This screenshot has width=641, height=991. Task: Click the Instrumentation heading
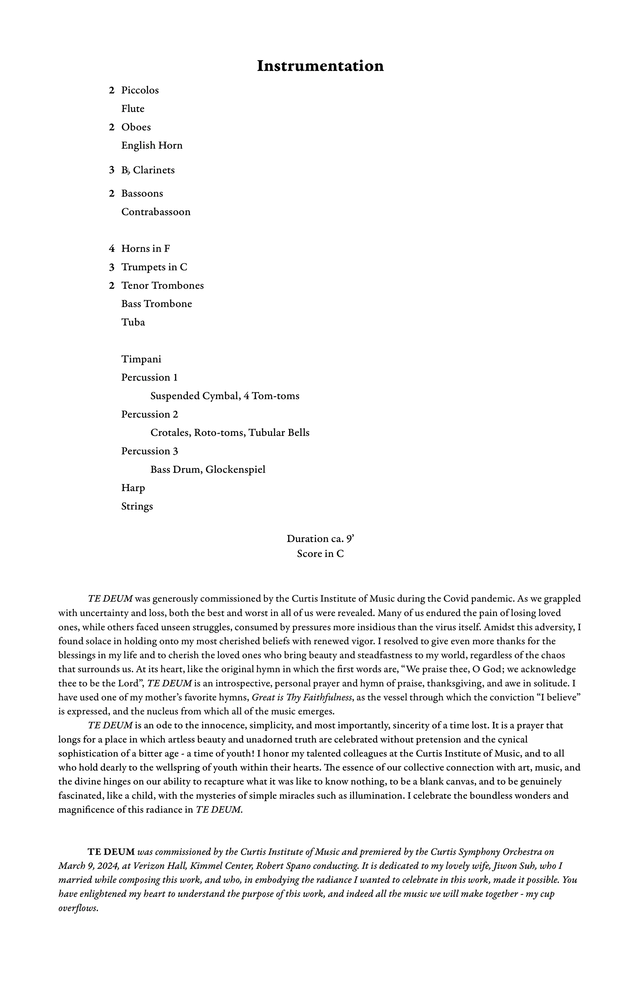coord(320,66)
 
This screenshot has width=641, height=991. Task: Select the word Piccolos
coord(140,90)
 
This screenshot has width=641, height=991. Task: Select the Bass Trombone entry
coord(156,304)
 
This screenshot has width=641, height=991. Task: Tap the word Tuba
coord(133,322)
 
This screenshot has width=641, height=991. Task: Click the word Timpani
coord(141,359)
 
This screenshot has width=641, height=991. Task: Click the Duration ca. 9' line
coord(320,539)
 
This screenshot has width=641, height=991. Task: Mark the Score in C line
coord(320,554)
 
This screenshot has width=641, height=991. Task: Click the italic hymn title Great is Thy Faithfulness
coord(303,697)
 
